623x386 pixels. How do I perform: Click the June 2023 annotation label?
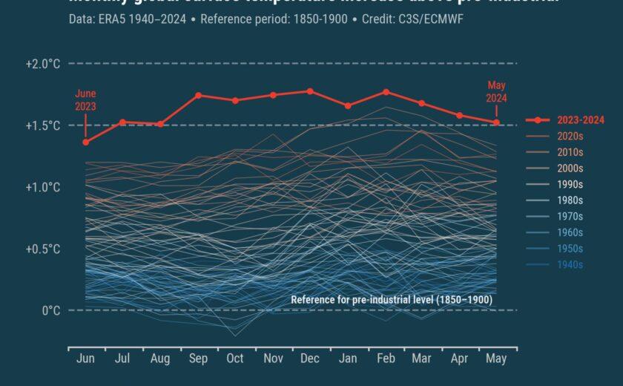[x=85, y=99]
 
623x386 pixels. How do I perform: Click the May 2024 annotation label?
[x=496, y=91]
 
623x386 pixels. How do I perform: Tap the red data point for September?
[x=198, y=95]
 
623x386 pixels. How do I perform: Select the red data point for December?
[x=310, y=91]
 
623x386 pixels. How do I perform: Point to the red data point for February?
[x=386, y=92]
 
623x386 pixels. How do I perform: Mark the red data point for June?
[x=86, y=142]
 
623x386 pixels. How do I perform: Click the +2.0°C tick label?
[x=42, y=64]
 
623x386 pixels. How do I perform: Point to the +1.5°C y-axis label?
[x=42, y=125]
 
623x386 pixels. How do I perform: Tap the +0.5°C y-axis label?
[x=42, y=249]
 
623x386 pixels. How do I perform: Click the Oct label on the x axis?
[x=235, y=359]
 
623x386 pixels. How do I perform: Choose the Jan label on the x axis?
[x=347, y=359]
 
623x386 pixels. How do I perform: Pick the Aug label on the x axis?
[x=160, y=359]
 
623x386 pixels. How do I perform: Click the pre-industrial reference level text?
[x=392, y=300]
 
